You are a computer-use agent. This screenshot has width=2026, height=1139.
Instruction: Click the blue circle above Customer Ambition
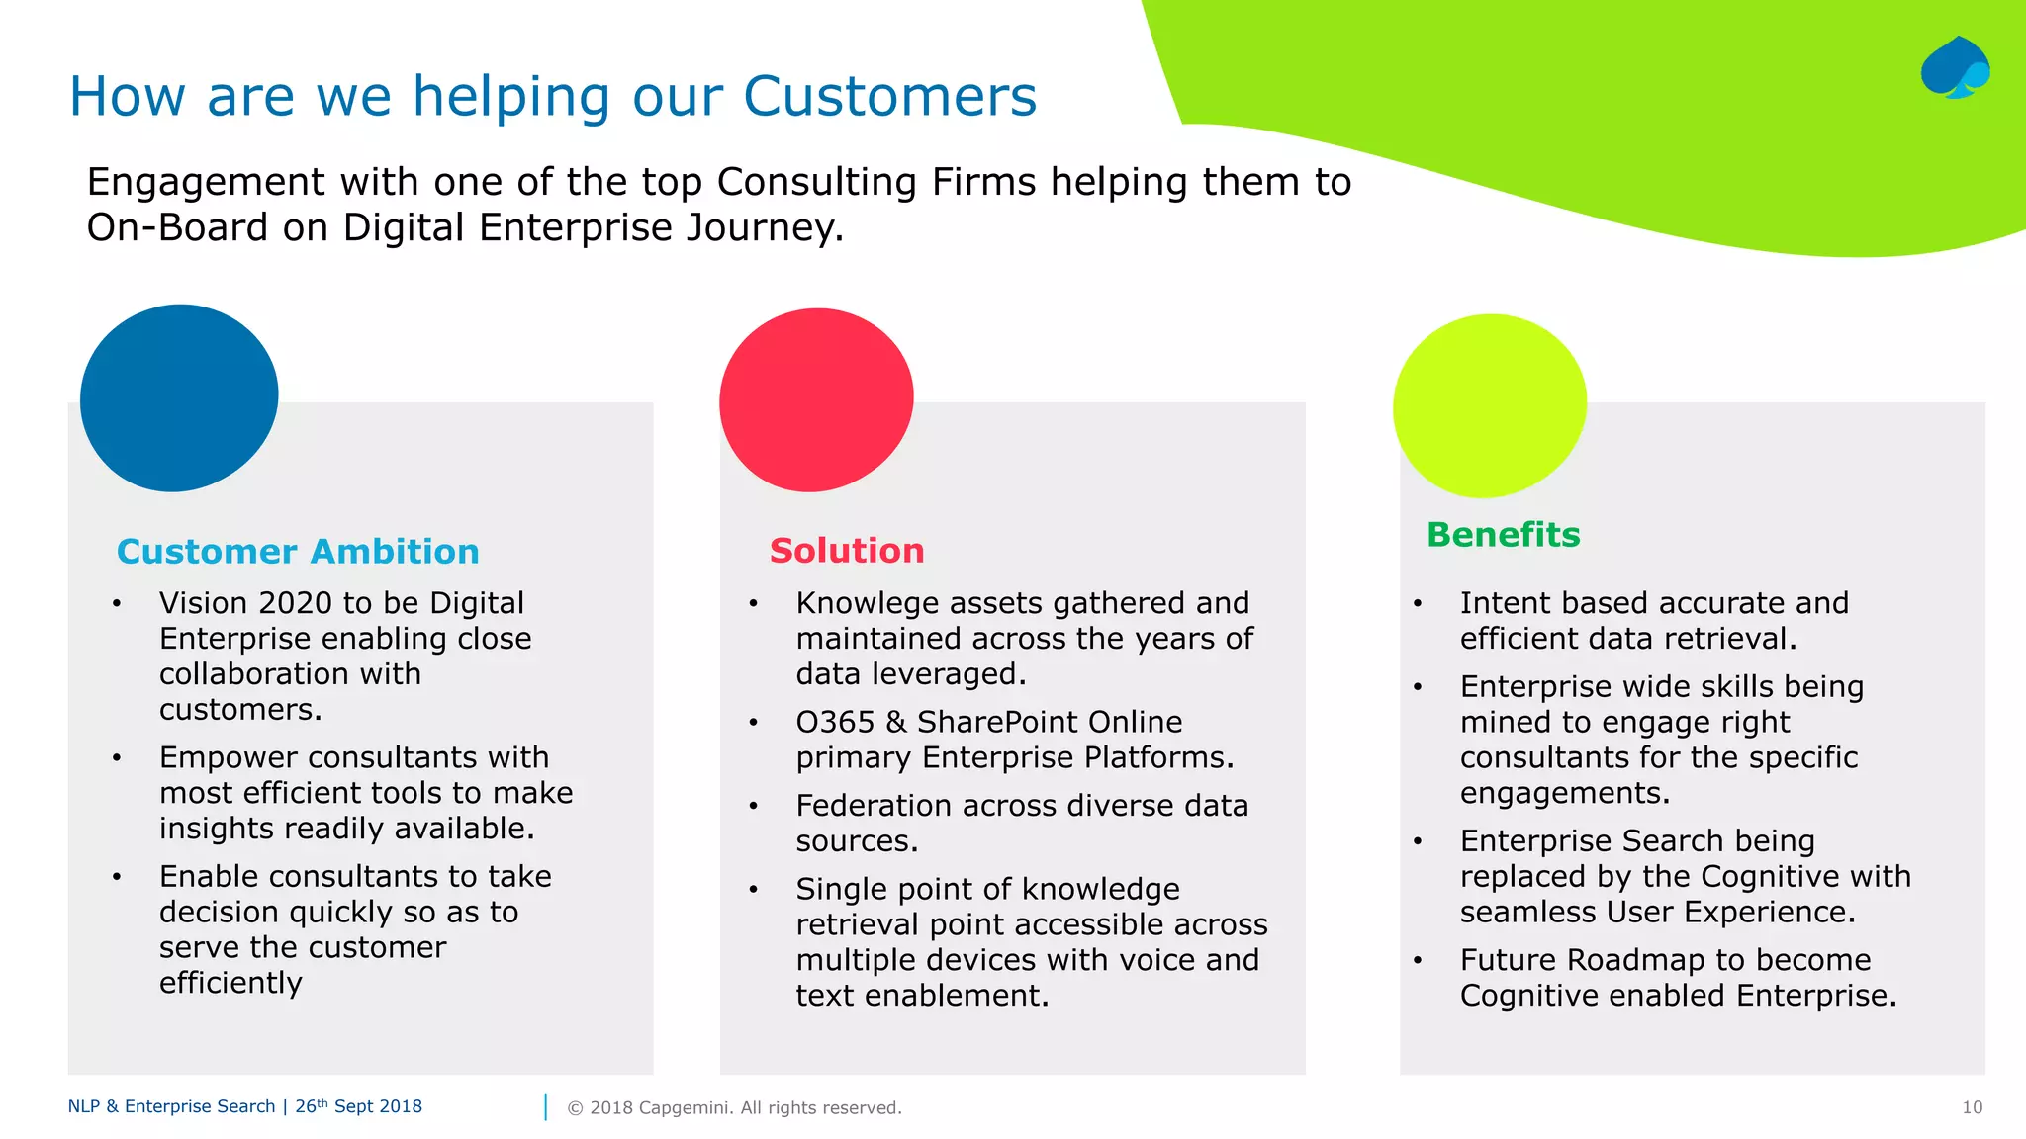pyautogui.click(x=179, y=397)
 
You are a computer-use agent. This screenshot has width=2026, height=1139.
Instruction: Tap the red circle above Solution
pyautogui.click(x=816, y=399)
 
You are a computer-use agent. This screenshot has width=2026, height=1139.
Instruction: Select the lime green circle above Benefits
pyautogui.click(x=1490, y=405)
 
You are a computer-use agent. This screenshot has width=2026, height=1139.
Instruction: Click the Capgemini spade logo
pyautogui.click(x=1955, y=68)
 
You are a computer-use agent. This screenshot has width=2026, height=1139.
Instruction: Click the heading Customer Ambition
pyautogui.click(x=298, y=551)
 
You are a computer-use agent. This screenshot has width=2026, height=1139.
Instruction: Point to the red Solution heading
pyautogui.click(x=847, y=550)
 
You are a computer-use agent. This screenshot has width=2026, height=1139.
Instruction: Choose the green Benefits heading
pyautogui.click(x=1503, y=534)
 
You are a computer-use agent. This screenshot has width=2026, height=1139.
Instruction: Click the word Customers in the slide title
pyautogui.click(x=889, y=97)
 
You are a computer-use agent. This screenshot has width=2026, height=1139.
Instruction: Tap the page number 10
pyautogui.click(x=1972, y=1107)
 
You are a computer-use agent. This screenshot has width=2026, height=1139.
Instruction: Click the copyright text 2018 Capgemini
pyautogui.click(x=734, y=1107)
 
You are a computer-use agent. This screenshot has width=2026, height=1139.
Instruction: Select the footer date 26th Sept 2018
pyautogui.click(x=358, y=1106)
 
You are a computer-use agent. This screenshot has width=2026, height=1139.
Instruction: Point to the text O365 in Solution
pyautogui.click(x=835, y=722)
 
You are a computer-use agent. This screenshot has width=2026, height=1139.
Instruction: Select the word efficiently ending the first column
pyautogui.click(x=230, y=983)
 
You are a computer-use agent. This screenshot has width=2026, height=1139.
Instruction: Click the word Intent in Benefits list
pyautogui.click(x=1506, y=603)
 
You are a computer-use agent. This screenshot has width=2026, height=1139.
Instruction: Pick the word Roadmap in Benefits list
pyautogui.click(x=1636, y=960)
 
